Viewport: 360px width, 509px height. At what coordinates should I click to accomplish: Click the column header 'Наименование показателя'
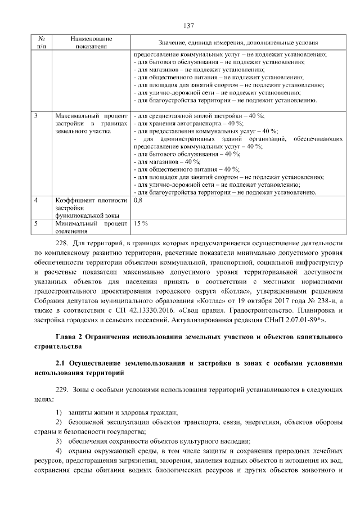click(91, 42)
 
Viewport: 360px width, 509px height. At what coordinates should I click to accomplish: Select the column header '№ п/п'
click(42, 42)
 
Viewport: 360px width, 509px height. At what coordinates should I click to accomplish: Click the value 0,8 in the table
click(139, 200)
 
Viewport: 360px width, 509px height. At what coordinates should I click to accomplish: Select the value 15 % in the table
click(140, 223)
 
